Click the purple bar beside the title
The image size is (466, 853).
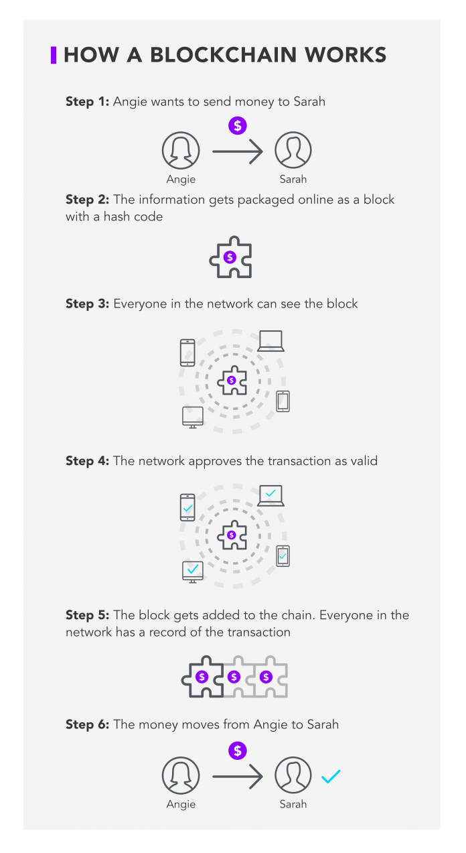[54, 55]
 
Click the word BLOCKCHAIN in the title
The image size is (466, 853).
[224, 55]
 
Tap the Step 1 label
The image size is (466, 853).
[87, 102]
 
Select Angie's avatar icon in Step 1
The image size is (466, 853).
[181, 150]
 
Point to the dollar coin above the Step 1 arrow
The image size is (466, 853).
[238, 126]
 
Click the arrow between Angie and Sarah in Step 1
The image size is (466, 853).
[238, 151]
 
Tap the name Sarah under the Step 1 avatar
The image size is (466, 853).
[293, 180]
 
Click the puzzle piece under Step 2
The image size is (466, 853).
[230, 257]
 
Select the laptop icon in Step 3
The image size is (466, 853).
[271, 341]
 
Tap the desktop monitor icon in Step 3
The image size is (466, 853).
[193, 417]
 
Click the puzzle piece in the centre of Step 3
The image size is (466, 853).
[232, 381]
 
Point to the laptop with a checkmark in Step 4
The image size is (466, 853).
[271, 495]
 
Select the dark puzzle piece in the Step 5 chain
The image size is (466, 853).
[203, 677]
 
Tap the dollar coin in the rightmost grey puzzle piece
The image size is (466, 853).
[266, 677]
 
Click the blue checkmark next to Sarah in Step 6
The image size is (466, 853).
[331, 776]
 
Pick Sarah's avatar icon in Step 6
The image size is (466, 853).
[293, 775]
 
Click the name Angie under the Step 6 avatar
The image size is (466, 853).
[181, 804]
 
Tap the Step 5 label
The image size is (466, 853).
[87, 615]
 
